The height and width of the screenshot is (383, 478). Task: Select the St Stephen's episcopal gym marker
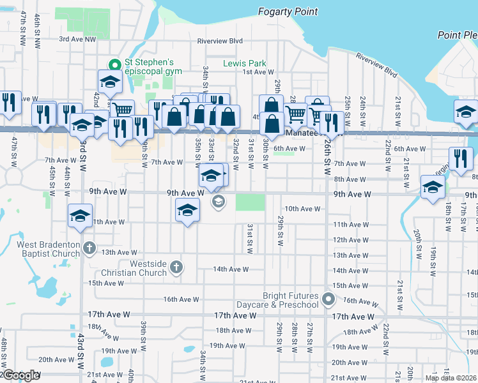pyautogui.click(x=115, y=64)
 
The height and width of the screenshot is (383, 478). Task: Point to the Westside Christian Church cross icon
pyautogui.click(x=176, y=267)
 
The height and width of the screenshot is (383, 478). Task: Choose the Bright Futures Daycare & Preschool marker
pyautogui.click(x=328, y=299)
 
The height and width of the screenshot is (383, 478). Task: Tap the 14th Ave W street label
pyautogui.click(x=229, y=269)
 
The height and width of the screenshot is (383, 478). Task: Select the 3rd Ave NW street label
pyautogui.click(x=77, y=39)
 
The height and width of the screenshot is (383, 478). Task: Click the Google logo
pyautogui.click(x=20, y=376)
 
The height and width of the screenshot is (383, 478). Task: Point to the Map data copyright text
pyautogui.click(x=451, y=378)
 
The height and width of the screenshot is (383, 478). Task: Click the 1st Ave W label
pyautogui.click(x=258, y=72)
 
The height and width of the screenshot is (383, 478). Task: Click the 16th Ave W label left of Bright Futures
pyautogui.click(x=181, y=299)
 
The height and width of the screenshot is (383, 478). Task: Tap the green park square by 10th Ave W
pyautogui.click(x=250, y=202)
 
